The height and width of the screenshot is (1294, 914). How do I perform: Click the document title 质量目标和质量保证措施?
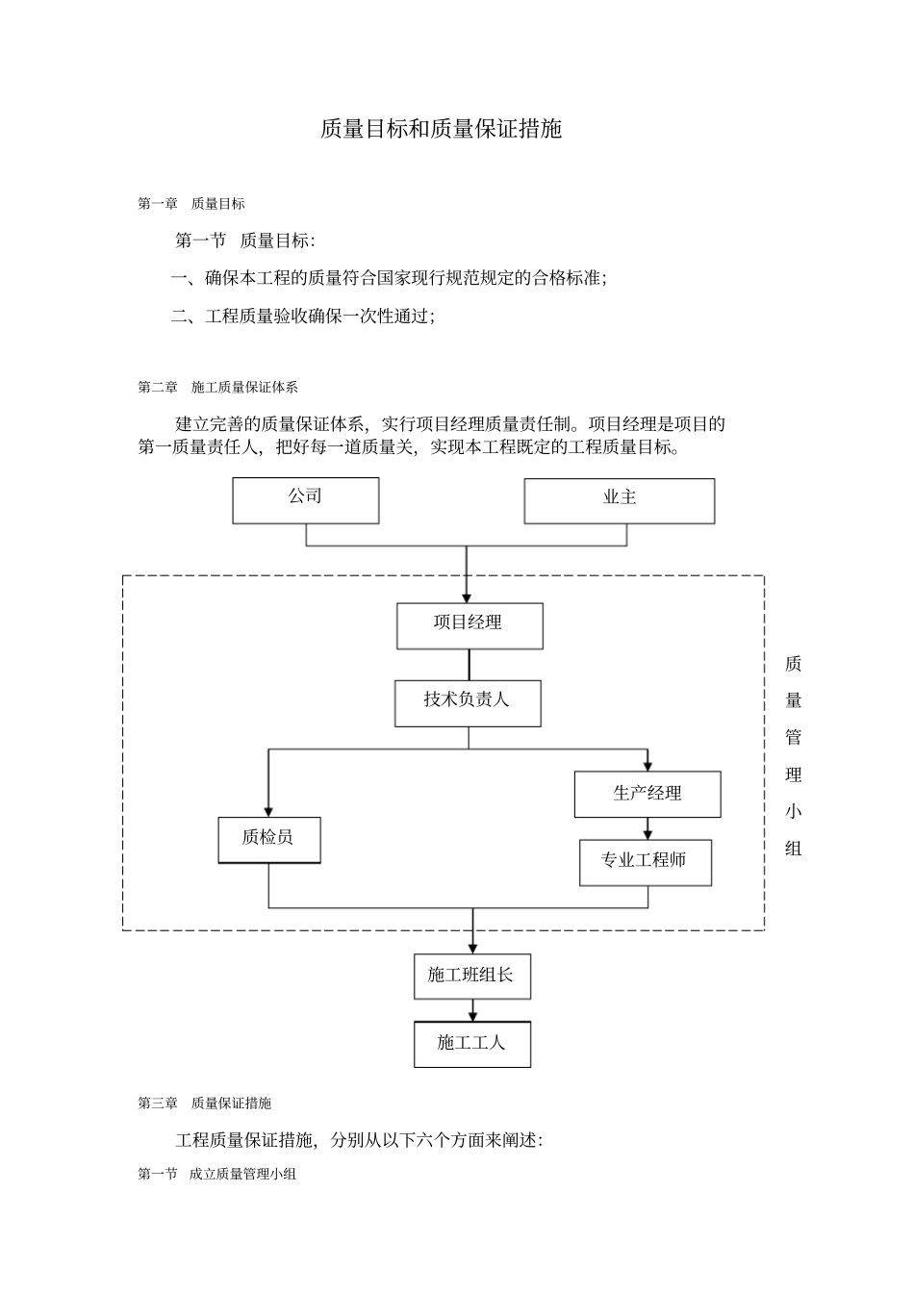coord(441,129)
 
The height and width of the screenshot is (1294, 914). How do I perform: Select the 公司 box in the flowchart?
coord(305,500)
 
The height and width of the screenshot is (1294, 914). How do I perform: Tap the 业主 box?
coord(619,500)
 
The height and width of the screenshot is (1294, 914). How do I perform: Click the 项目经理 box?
coord(470,625)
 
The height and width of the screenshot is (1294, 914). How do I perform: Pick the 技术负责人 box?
coord(468,703)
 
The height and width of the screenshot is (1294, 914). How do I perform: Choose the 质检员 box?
coord(268,840)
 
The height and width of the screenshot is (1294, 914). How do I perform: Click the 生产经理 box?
coord(647,794)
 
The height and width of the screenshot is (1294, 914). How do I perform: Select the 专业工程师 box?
coord(645,862)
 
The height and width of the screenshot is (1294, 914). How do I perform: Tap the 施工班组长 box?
coord(472,977)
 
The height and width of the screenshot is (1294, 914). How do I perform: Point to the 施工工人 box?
coord(472,1044)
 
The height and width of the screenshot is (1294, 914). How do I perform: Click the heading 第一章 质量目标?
coord(191,204)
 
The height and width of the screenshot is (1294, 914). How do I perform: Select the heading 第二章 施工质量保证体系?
coord(218,387)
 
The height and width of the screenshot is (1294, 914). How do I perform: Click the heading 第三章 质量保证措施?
coord(205,1103)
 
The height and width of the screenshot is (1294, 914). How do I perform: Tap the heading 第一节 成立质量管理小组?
coord(217,1174)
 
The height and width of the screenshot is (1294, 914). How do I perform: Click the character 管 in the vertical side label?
coord(793,738)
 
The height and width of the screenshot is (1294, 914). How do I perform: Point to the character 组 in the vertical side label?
coord(793,849)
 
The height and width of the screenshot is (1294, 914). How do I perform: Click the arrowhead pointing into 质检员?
coord(268,810)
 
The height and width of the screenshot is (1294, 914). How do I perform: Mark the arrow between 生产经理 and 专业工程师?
coord(647,829)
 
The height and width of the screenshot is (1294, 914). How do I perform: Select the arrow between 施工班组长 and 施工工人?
coord(472,1011)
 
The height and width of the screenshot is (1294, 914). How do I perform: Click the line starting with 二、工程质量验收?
coord(303,316)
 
